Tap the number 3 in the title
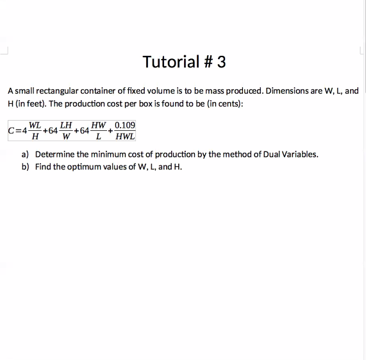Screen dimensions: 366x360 click(221, 62)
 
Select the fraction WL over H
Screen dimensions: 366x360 click(36, 130)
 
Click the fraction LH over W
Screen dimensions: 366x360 click(65, 130)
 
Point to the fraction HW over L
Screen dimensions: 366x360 click(98, 130)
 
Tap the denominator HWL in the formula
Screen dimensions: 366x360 click(125, 136)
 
